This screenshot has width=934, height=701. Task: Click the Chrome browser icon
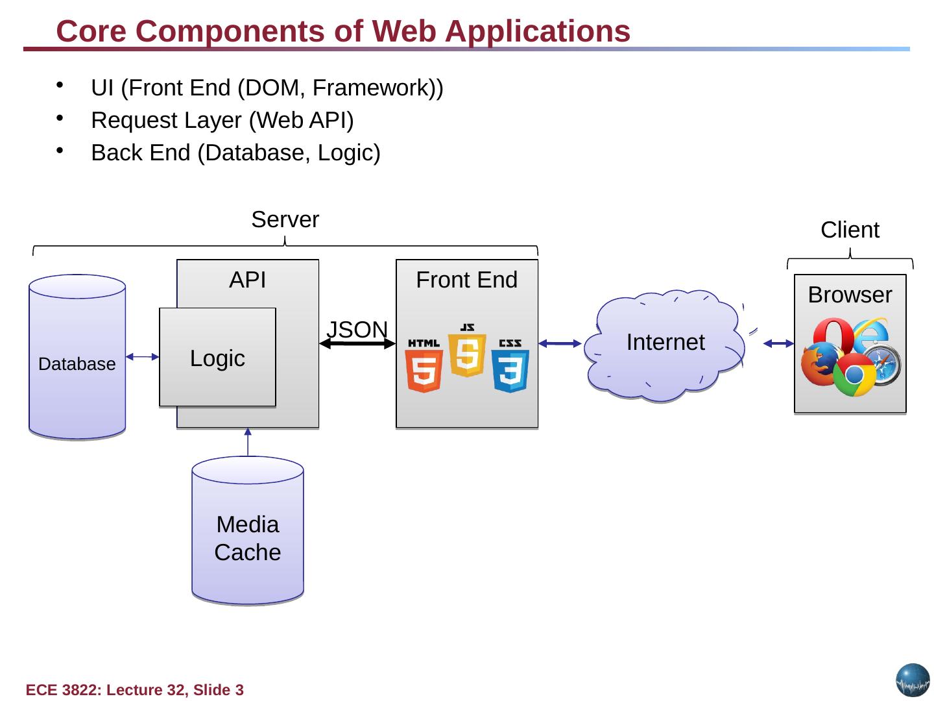pos(854,375)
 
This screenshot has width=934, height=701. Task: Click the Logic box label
pos(217,358)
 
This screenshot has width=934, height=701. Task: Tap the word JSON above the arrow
pos(357,330)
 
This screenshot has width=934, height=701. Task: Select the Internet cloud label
pos(665,342)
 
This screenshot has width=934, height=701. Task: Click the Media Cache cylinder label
pos(248,538)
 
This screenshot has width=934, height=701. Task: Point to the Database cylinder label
pos(77,364)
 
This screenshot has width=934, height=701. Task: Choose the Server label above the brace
pos(285,220)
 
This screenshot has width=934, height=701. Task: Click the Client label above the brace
pos(850,230)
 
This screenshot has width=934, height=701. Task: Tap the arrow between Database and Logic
pos(142,356)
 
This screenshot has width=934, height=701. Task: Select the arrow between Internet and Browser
pos(778,343)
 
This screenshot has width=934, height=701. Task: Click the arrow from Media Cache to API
pos(248,443)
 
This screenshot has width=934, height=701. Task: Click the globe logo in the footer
pos(913,680)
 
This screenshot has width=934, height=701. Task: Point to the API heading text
pos(248,280)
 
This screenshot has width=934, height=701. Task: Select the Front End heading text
pos(467,280)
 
